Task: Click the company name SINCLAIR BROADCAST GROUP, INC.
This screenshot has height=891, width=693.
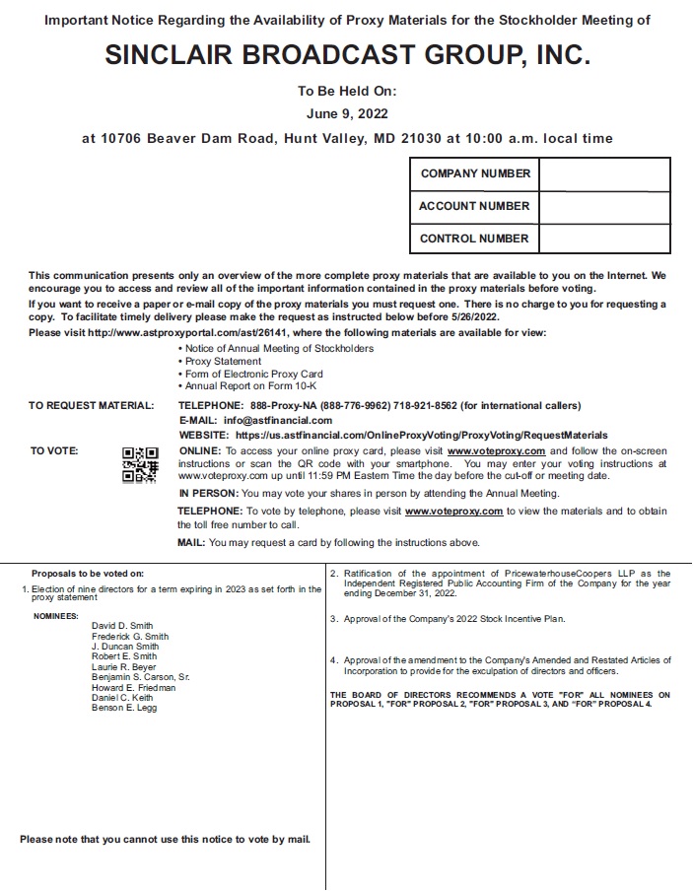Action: point(347,56)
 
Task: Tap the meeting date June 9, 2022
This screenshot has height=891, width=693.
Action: point(347,113)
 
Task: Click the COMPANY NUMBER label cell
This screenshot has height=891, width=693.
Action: point(475,173)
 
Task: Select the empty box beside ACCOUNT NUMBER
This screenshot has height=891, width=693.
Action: point(604,206)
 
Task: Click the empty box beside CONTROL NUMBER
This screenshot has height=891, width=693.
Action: point(604,238)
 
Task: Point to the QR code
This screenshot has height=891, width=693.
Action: point(140,464)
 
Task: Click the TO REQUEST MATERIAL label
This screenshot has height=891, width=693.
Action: point(91,406)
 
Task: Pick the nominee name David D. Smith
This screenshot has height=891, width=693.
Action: point(122,626)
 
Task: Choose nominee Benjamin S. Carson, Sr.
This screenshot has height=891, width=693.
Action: point(140,678)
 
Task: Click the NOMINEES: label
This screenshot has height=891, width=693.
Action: point(56,615)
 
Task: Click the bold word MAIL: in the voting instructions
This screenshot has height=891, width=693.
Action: point(191,543)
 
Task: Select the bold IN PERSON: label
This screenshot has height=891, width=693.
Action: point(209,493)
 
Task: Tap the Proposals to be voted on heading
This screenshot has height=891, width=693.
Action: point(88,574)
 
